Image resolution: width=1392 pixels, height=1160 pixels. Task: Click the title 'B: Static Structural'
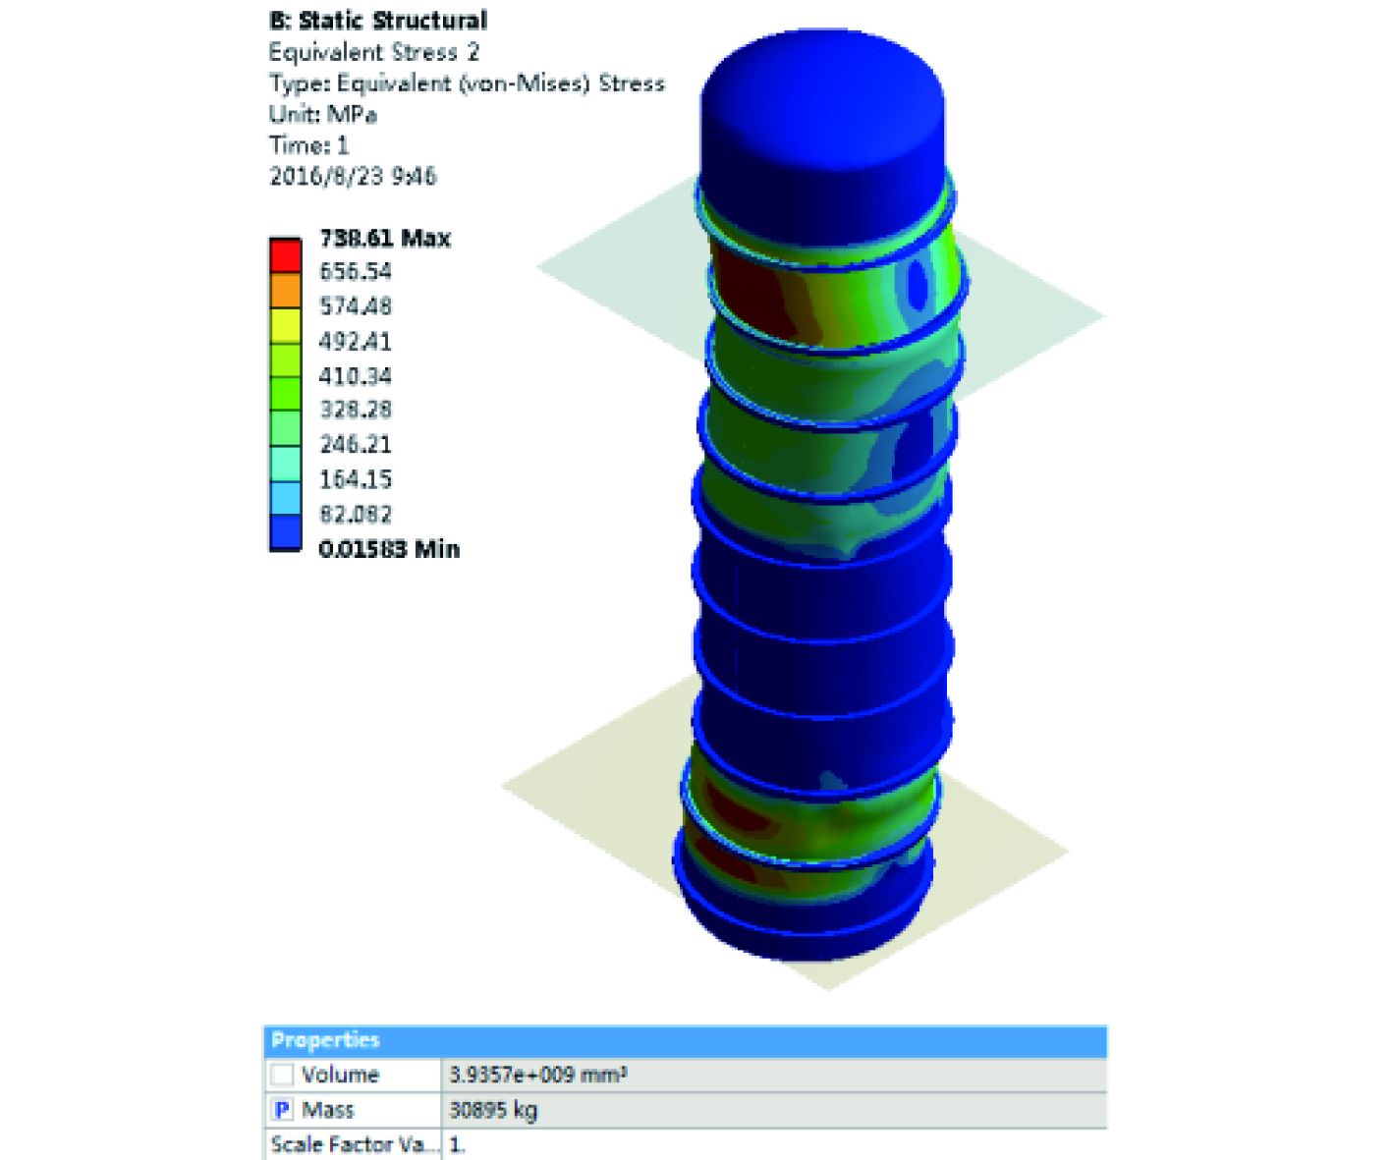tap(378, 21)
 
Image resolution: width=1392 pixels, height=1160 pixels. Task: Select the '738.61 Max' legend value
tap(385, 238)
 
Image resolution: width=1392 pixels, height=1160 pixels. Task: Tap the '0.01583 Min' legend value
tap(389, 549)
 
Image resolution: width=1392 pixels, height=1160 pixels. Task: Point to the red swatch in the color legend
tap(285, 255)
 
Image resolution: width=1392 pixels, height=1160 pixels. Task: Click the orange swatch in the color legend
tap(285, 290)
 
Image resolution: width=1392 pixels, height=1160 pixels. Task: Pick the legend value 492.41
tap(356, 342)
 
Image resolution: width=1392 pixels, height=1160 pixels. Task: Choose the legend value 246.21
tap(356, 444)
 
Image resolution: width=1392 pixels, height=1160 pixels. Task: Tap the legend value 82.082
tap(356, 514)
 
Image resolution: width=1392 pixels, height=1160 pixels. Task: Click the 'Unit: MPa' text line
tap(322, 115)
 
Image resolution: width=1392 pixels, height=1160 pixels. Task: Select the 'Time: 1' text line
tap(308, 145)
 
